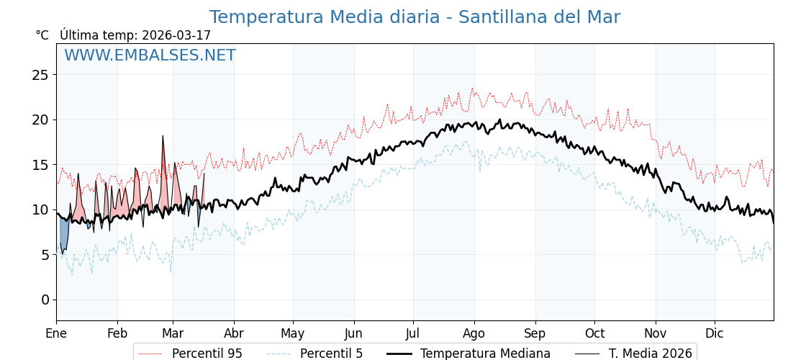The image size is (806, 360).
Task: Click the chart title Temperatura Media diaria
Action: [415, 17]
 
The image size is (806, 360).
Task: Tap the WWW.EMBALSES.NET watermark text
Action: [150, 55]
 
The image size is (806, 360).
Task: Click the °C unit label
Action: [42, 35]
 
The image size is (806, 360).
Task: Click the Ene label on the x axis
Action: [56, 333]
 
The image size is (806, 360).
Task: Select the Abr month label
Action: [234, 333]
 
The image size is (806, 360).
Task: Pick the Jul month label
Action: [413, 333]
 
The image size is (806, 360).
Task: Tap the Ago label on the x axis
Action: [474, 333]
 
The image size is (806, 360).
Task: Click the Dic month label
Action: [715, 333]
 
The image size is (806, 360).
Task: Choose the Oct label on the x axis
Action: [594, 333]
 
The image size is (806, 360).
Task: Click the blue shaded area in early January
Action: [64, 234]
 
